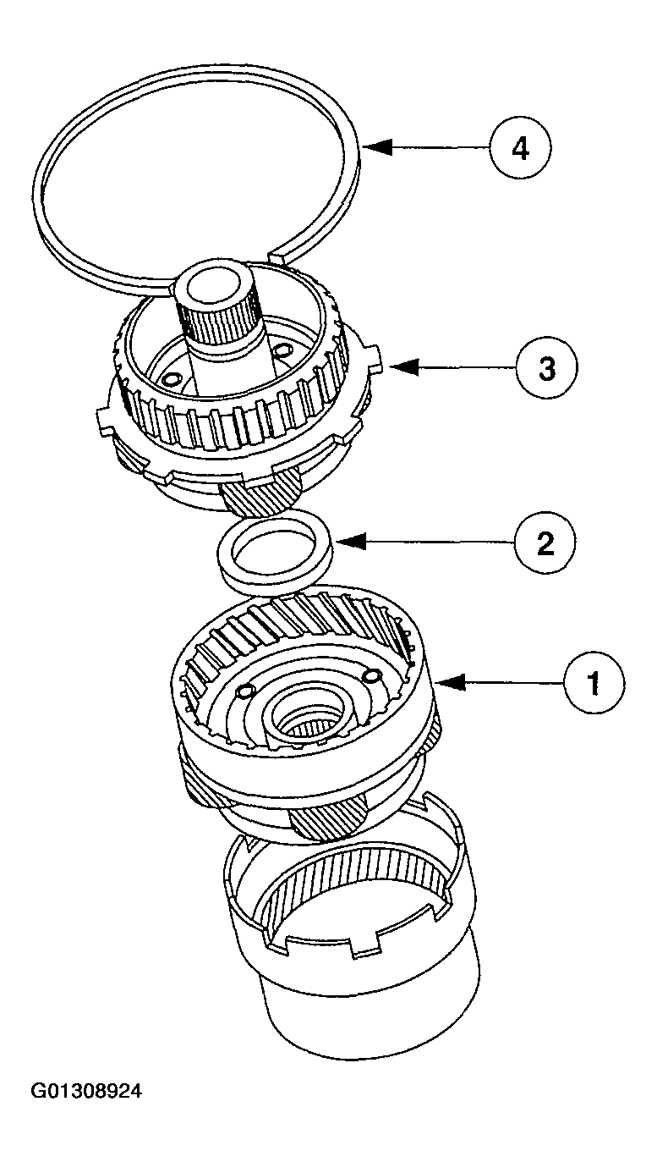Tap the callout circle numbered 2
(545, 542)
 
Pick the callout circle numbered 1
(594, 682)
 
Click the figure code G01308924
(85, 1092)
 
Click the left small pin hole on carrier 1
(243, 692)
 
